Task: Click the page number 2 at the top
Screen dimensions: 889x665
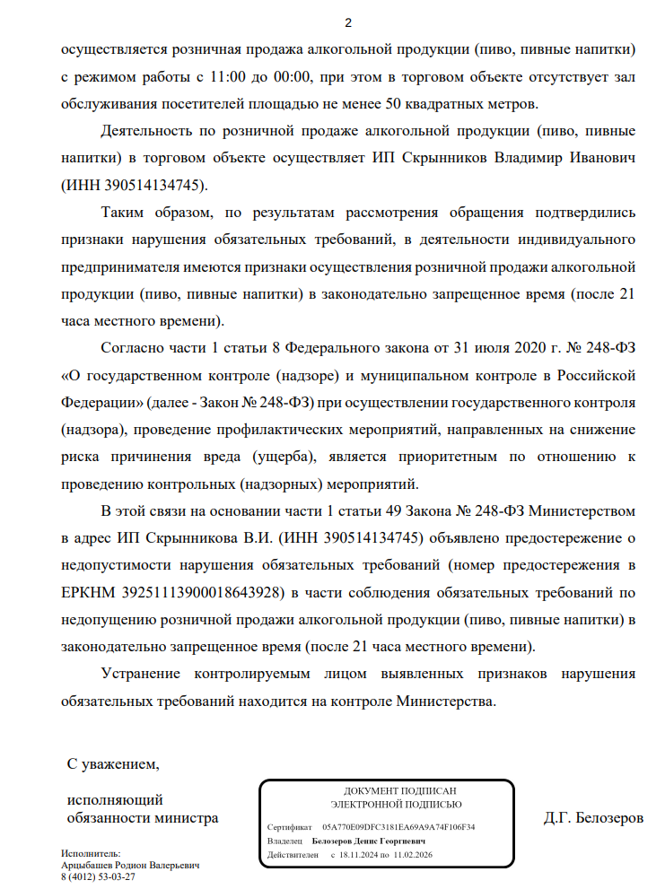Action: click(349, 22)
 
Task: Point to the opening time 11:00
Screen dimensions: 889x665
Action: click(228, 77)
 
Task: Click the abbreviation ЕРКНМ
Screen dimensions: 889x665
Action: click(88, 593)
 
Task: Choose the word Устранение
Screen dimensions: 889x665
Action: click(147, 673)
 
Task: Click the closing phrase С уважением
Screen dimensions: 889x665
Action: click(113, 765)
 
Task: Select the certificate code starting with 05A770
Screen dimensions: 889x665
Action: click(398, 827)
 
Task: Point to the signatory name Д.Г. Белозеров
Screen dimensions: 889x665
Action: click(593, 818)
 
